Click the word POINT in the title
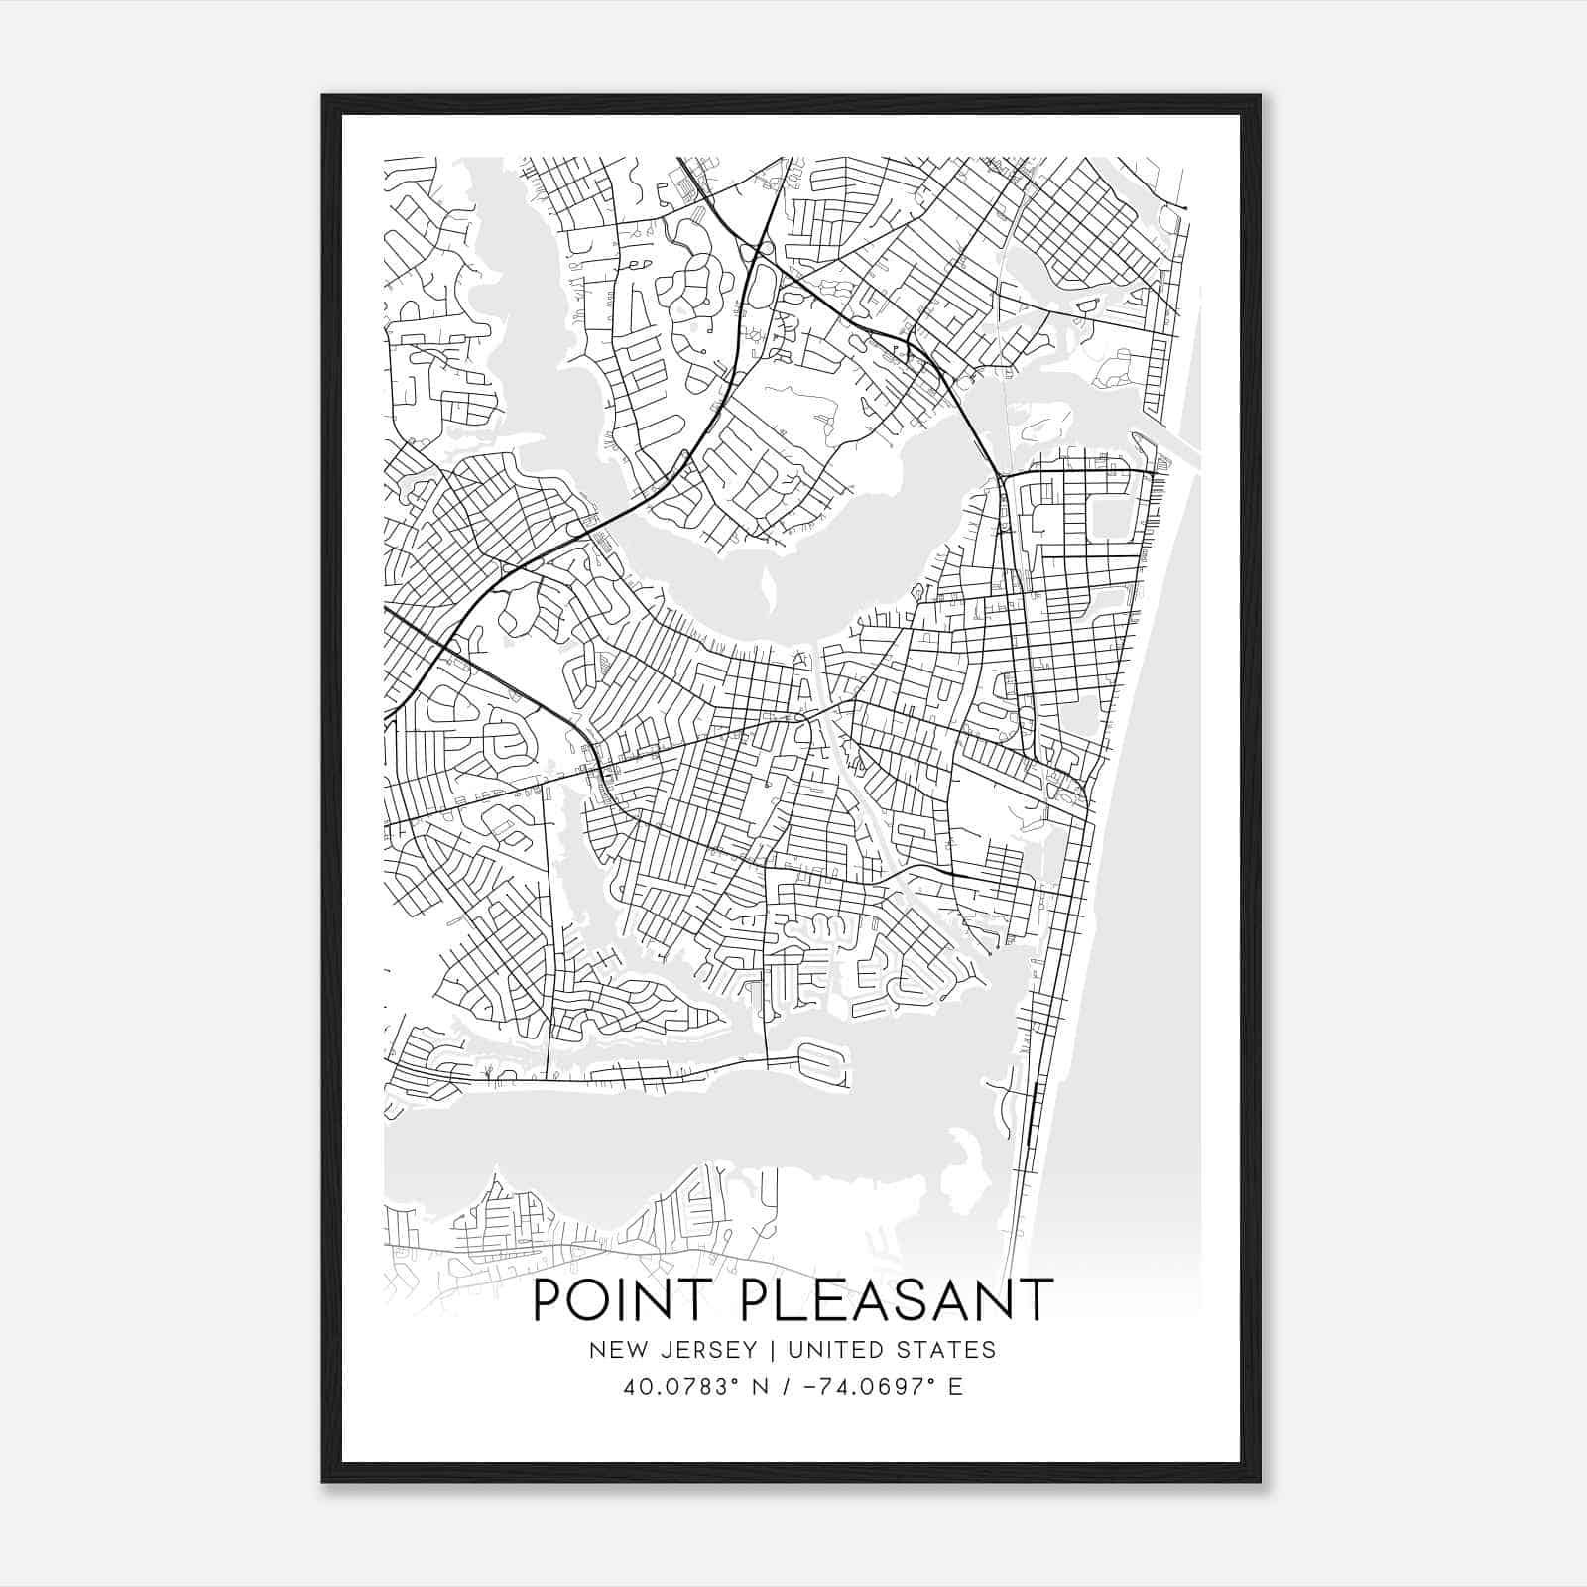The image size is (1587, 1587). [x=628, y=1300]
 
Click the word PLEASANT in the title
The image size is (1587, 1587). [x=896, y=1300]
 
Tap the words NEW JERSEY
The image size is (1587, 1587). [x=671, y=1350]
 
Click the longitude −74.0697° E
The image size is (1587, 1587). [x=872, y=1387]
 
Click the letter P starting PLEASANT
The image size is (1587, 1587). [x=755, y=1300]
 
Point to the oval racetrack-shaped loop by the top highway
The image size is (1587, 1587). [x=763, y=272]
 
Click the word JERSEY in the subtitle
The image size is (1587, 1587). [x=711, y=1350]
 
